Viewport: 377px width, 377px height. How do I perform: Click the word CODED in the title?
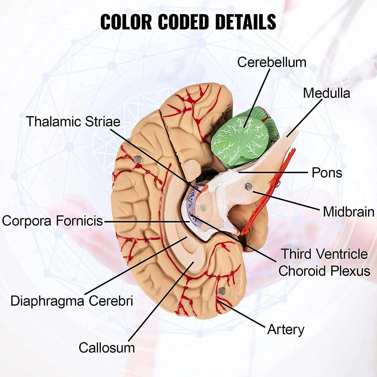point(183,22)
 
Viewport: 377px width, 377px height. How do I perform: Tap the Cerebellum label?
point(272,62)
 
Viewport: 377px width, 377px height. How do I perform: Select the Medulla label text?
point(326,93)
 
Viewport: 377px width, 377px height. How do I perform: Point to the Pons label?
point(327,173)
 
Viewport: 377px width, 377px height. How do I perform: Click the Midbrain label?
point(348,212)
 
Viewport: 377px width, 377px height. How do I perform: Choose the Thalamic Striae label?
point(73,122)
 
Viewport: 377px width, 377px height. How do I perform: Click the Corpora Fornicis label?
point(53,221)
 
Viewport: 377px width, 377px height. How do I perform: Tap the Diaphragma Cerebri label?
point(72,301)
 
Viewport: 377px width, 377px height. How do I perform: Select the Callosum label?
point(107,348)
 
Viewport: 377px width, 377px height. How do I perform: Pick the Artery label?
point(286,329)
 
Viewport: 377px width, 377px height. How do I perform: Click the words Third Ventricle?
point(324,254)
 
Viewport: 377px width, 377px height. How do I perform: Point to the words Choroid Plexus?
point(324,271)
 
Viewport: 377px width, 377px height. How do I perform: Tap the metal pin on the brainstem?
point(248,186)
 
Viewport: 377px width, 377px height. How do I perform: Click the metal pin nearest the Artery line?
point(221,292)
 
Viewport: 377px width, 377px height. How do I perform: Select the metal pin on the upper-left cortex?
point(138,159)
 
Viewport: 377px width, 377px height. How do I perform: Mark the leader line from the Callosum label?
point(161,302)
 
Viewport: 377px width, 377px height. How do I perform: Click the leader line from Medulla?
point(304,118)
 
